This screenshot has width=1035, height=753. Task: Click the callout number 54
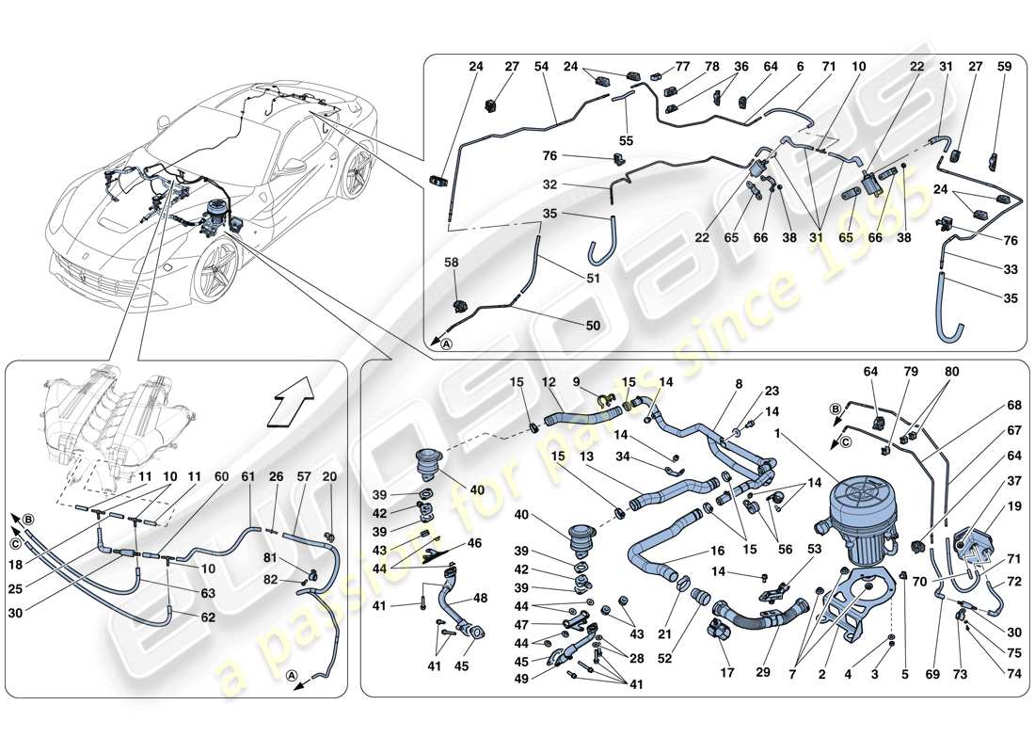541,67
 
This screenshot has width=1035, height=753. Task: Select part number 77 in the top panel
682,67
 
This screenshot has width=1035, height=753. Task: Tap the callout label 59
1004,67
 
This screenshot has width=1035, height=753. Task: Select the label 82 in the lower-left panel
271,581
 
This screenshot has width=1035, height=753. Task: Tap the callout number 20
329,478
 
